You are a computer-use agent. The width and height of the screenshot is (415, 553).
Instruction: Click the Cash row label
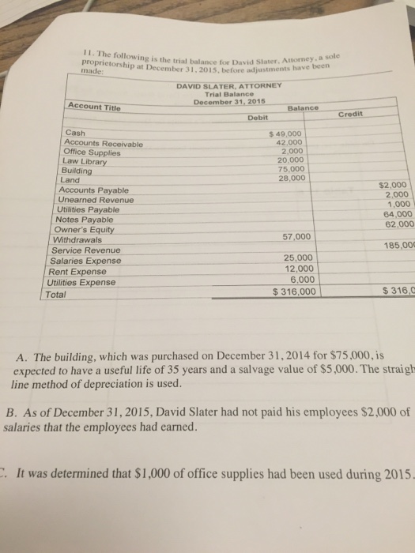point(77,133)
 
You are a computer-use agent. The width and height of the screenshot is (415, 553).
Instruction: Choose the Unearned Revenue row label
point(97,201)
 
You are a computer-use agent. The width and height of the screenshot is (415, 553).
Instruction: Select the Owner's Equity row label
point(91,230)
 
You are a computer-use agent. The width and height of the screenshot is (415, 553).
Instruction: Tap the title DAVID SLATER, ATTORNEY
point(224,87)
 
